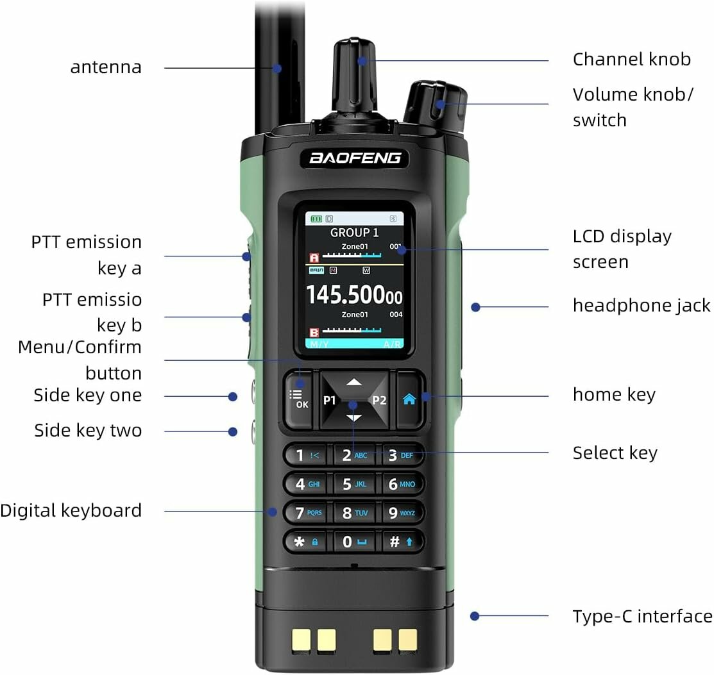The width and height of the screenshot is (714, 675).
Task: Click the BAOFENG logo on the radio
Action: pos(355,158)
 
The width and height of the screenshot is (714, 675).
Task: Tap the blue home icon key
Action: pos(410,399)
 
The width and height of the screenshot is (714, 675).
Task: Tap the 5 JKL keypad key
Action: pos(354,484)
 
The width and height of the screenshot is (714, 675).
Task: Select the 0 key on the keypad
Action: pos(354,542)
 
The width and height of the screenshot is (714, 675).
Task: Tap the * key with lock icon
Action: pos(306,542)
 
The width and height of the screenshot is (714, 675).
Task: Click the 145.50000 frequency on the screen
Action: pos(354,295)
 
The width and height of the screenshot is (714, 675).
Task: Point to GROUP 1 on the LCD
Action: pos(354,233)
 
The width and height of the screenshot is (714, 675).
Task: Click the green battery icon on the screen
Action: pos(316,219)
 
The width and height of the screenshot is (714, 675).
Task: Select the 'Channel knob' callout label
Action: pos(632,60)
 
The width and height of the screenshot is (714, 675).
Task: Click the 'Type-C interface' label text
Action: pos(642,616)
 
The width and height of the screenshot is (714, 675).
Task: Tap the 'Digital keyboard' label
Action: pos(71,511)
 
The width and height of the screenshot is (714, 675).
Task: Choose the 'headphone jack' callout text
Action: pos(641,305)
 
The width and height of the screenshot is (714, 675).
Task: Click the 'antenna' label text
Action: pos(106,67)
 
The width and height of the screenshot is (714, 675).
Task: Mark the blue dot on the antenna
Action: pos(277,69)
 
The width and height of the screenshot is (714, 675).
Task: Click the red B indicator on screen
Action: pos(314,332)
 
